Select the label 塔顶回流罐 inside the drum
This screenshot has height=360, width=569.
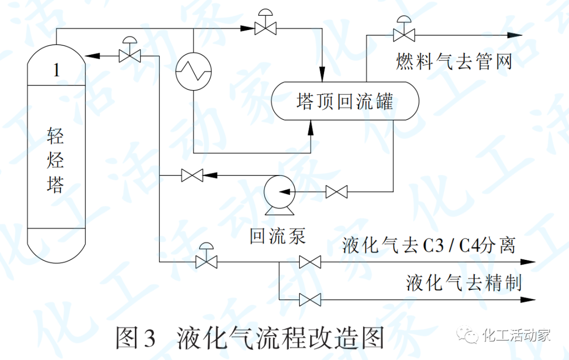point(345,101)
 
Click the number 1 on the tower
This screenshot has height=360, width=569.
point(56,71)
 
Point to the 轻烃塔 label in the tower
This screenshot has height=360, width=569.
point(56,161)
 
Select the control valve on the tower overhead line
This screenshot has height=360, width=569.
point(265,27)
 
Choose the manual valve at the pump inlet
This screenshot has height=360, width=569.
point(337,192)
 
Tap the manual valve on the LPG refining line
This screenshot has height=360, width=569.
point(310,300)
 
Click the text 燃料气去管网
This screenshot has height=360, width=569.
point(454,62)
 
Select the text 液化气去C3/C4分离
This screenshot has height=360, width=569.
point(428,246)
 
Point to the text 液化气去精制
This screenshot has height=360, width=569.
point(464,283)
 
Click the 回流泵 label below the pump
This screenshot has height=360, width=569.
point(278,237)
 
